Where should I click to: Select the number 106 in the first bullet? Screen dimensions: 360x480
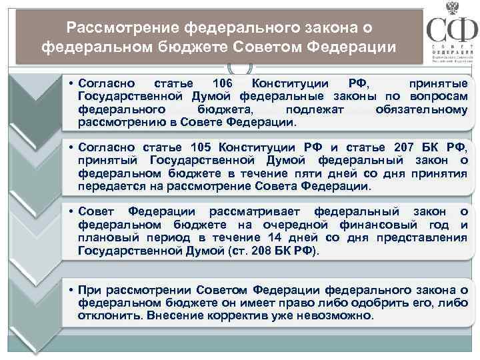click(x=221, y=83)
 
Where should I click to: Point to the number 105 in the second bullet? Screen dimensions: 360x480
click(x=204, y=147)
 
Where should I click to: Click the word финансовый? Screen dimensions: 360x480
click(x=367, y=225)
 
